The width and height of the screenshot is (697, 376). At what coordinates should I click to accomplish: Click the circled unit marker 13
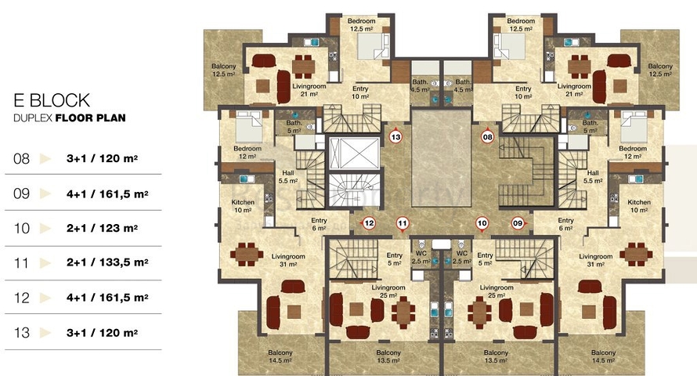[395, 137]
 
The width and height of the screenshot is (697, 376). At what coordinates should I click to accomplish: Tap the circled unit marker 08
[488, 137]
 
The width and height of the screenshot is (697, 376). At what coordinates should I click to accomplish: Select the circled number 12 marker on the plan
[369, 223]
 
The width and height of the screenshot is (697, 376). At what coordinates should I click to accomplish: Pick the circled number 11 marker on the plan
[403, 223]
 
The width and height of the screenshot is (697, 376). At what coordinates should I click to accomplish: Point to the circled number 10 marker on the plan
[482, 223]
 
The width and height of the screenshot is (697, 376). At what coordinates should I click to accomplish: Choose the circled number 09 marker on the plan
[518, 223]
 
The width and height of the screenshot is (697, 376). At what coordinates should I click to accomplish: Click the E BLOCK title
[52, 100]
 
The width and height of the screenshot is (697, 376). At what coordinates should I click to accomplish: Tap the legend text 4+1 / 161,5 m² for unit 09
[107, 193]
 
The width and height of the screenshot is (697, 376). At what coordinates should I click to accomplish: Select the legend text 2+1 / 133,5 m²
[107, 262]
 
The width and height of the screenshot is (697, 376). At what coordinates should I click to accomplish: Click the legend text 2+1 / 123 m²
[102, 228]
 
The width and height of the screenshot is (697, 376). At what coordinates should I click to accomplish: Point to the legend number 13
[21, 332]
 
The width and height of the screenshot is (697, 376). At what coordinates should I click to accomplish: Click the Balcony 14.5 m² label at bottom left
[280, 356]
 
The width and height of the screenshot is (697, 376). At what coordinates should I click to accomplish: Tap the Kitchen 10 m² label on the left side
[243, 206]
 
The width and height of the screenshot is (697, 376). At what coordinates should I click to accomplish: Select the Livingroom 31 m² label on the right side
[596, 260]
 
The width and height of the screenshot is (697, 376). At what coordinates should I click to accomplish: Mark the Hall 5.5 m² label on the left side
[288, 177]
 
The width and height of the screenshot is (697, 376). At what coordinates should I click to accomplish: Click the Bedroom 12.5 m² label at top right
[521, 25]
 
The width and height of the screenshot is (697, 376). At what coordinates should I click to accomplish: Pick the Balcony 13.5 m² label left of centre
[388, 356]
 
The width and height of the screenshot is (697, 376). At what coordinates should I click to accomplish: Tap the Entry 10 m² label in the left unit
[360, 92]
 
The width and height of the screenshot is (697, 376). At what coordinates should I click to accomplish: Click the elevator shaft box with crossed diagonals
[354, 154]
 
